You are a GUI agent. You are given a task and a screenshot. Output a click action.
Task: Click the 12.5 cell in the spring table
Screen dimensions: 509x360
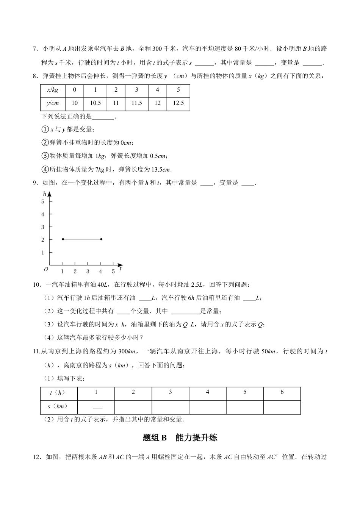click(178, 103)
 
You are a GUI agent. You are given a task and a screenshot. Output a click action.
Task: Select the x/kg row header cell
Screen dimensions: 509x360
click(53, 90)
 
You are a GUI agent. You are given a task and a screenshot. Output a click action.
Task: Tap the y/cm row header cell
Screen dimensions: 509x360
click(53, 103)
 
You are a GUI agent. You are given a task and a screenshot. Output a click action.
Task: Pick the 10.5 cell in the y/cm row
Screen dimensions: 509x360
click(95, 103)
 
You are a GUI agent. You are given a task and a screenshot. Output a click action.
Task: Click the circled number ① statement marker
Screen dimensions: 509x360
click(45, 130)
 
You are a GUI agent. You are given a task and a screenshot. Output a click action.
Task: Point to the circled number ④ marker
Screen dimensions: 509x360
click(45, 169)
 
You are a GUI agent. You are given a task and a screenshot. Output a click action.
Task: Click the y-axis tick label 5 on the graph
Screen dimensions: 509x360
click(43, 201)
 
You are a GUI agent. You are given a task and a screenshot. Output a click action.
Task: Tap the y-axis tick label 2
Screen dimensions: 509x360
click(43, 240)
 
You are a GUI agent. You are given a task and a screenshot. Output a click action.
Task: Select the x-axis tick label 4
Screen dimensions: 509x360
click(100, 271)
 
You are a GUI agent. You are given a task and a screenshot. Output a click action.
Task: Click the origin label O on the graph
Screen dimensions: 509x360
click(46, 269)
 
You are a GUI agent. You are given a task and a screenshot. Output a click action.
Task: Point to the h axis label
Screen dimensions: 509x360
click(45, 194)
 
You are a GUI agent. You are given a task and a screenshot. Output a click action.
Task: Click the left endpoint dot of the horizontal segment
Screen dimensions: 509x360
click(63, 239)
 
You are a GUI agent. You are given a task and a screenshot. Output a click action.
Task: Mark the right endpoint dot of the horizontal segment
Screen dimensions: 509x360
click(101, 239)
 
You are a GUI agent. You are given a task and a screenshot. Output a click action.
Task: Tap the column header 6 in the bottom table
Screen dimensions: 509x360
click(282, 392)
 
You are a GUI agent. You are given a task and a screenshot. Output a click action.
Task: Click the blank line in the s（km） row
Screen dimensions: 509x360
click(97, 408)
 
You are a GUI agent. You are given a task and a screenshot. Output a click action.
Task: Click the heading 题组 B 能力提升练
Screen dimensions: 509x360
click(180, 438)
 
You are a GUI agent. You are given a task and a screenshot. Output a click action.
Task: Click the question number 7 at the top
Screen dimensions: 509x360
click(35, 49)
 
